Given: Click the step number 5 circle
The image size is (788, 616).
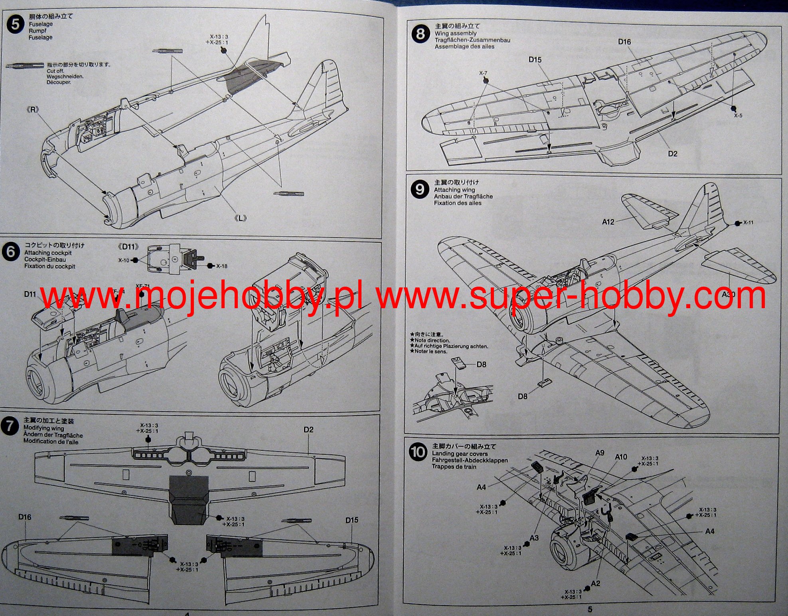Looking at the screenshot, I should tap(15, 25).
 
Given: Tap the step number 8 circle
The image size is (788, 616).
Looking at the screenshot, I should tap(420, 34).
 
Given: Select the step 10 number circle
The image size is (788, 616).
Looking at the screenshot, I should tap(418, 453).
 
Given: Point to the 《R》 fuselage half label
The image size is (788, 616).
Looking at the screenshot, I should tap(33, 109).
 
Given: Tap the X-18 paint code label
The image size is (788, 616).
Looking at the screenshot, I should tap(221, 266).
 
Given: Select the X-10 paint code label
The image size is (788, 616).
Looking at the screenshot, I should tap(124, 260).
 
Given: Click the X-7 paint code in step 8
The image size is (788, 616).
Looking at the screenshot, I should tap(483, 73).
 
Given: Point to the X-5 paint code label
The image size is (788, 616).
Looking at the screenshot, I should tap(738, 116).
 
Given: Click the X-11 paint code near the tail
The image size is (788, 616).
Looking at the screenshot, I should tap(748, 222).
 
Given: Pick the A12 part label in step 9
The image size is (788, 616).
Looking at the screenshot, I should tap(608, 222).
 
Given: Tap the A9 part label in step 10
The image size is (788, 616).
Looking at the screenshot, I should tap(600, 453).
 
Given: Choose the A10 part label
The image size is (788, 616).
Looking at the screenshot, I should tap(621, 457).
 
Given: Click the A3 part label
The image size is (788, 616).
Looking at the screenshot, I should tap(534, 538).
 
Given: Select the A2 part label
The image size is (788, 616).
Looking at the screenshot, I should tap(595, 584).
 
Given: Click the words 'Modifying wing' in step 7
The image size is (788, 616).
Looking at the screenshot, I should tap(43, 428).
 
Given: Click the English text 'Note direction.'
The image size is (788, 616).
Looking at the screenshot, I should tap(432, 341).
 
